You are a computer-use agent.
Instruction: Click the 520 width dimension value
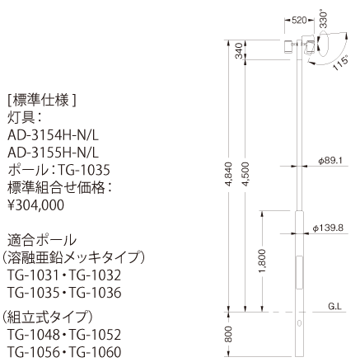pyautogui.click(x=299, y=20)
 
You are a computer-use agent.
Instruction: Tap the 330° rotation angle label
pyautogui.click(x=324, y=20)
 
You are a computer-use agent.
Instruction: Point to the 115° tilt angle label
pyautogui.click(x=341, y=63)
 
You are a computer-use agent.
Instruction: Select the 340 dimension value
pyautogui.click(x=239, y=51)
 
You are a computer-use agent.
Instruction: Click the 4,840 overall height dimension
pyautogui.click(x=228, y=175)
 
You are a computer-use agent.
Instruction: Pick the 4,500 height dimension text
pyautogui.click(x=245, y=174)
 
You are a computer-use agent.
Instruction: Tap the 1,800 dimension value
pyautogui.click(x=262, y=261)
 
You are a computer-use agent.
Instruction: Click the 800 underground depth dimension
pyautogui.click(x=228, y=334)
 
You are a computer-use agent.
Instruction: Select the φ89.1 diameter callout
pyautogui.click(x=330, y=161)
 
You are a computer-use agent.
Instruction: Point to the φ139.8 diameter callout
pyautogui.click(x=328, y=228)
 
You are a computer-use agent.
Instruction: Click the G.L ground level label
pyautogui.click(x=334, y=307)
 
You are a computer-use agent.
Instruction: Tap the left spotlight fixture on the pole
pyautogui.click(x=288, y=47)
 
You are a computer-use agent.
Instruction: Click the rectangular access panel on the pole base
pyautogui.click(x=299, y=272)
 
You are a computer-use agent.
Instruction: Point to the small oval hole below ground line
pyautogui.click(x=300, y=323)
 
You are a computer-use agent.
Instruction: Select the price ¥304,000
pyautogui.click(x=35, y=205)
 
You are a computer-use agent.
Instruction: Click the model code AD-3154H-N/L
pyautogui.click(x=53, y=135)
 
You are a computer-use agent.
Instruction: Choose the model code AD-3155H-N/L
pyautogui.click(x=53, y=153)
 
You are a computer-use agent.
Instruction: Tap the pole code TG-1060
pyautogui.click(x=95, y=352)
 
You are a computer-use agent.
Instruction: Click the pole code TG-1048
pyautogui.click(x=34, y=335)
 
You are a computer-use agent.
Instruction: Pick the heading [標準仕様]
pyautogui.click(x=41, y=100)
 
